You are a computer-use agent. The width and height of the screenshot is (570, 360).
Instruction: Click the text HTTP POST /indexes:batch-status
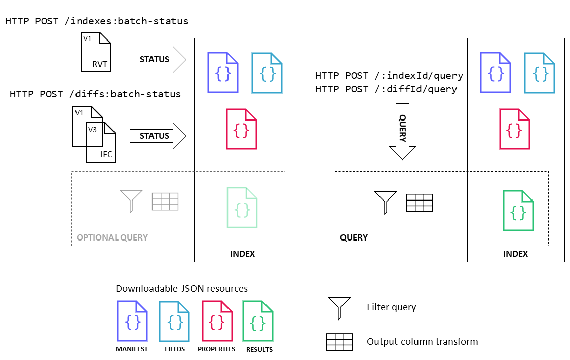pyautogui.click(x=97, y=21)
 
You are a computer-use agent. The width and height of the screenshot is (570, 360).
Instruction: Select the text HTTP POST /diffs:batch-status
pyautogui.click(x=95, y=94)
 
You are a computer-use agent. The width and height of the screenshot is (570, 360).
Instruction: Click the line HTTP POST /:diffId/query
pyautogui.click(x=386, y=89)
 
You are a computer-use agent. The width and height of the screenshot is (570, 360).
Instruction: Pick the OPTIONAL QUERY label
pyautogui.click(x=112, y=237)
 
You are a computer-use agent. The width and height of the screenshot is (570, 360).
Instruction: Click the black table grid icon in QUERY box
pyautogui.click(x=419, y=203)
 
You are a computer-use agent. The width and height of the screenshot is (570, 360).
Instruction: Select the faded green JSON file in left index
pyautogui.click(x=242, y=208)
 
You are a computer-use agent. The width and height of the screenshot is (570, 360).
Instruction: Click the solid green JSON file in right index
pyautogui.click(x=518, y=211)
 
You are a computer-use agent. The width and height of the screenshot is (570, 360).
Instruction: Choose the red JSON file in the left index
pyautogui.click(x=242, y=129)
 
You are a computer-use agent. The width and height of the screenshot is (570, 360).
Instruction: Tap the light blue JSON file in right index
pyautogui.click(x=539, y=73)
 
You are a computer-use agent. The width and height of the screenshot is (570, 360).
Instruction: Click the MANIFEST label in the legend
pyautogui.click(x=132, y=349)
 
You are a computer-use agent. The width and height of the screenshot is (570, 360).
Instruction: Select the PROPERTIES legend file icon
pyautogui.click(x=217, y=321)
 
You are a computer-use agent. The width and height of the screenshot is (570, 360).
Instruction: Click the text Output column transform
pyautogui.click(x=422, y=341)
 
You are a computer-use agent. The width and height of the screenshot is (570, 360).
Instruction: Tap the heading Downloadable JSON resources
pyautogui.click(x=181, y=288)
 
